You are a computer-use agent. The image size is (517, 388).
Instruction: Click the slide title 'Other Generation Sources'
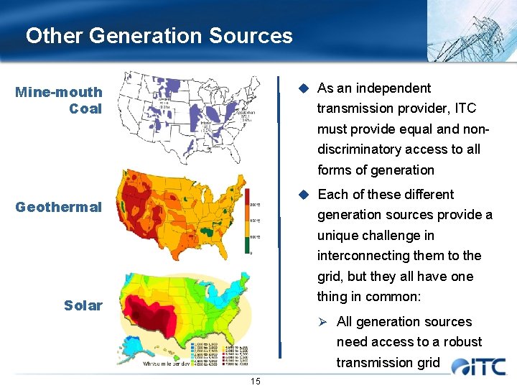[x=159, y=35]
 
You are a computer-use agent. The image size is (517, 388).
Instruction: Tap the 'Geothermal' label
[x=59, y=207]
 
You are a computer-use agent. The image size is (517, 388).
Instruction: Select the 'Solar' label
[x=83, y=305]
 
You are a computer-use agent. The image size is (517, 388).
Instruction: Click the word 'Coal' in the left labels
[x=85, y=109]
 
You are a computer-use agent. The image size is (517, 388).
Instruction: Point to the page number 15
[x=256, y=381]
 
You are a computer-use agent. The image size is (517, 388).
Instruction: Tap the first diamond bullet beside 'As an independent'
[x=304, y=88]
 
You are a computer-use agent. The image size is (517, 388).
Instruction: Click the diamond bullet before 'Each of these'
[x=304, y=195]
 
